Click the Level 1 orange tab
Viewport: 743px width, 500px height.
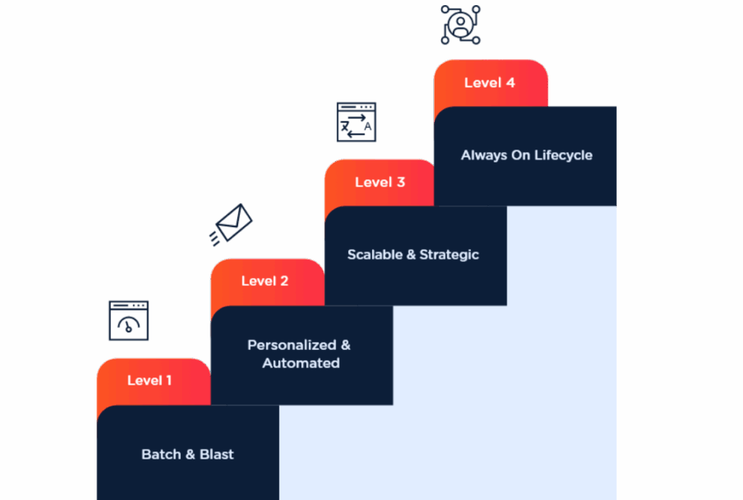150,380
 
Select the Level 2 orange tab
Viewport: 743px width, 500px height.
265,281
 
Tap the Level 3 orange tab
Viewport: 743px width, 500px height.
379,182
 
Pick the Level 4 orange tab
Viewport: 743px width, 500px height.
490,83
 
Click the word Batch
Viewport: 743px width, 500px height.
161,454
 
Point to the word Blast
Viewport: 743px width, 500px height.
216,454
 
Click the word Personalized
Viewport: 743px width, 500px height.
292,345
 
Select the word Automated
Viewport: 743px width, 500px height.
300,363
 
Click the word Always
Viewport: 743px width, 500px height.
484,155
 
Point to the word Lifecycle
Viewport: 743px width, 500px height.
563,155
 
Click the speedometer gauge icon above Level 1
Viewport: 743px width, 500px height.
128,321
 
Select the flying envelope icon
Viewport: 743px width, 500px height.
231,225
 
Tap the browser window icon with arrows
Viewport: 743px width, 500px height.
356,122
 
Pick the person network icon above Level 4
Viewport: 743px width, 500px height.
460,25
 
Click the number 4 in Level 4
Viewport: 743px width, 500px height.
511,83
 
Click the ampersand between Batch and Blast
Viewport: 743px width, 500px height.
190,454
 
